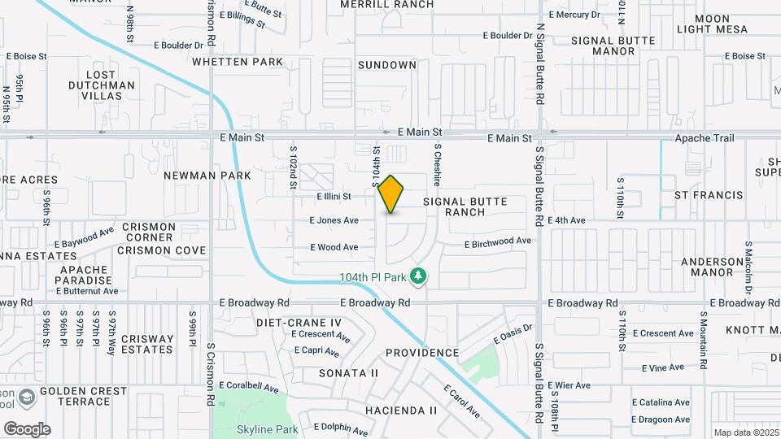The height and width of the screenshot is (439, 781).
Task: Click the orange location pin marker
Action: click(391, 193)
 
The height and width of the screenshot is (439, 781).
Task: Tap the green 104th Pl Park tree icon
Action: click(419, 277)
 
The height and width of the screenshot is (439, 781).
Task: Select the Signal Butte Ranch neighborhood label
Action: click(465, 206)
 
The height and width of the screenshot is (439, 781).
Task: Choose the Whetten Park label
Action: click(238, 61)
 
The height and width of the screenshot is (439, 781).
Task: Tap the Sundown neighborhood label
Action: click(386, 65)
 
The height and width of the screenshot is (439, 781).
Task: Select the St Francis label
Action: click(709, 195)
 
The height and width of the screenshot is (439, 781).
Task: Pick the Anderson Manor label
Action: click(712, 267)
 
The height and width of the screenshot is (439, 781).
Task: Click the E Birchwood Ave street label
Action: click(498, 241)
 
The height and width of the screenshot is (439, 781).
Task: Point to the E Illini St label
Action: click(334, 196)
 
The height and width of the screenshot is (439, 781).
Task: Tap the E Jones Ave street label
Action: click(334, 220)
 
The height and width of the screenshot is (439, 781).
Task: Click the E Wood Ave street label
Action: click(334, 247)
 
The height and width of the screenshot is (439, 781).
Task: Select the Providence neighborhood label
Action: click(422, 353)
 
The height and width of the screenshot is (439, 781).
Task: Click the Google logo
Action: click(27, 429)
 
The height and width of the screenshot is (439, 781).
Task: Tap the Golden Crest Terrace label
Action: click(84, 397)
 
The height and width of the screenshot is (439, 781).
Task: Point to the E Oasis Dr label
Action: click(512, 334)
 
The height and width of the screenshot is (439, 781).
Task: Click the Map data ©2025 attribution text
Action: click(745, 432)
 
